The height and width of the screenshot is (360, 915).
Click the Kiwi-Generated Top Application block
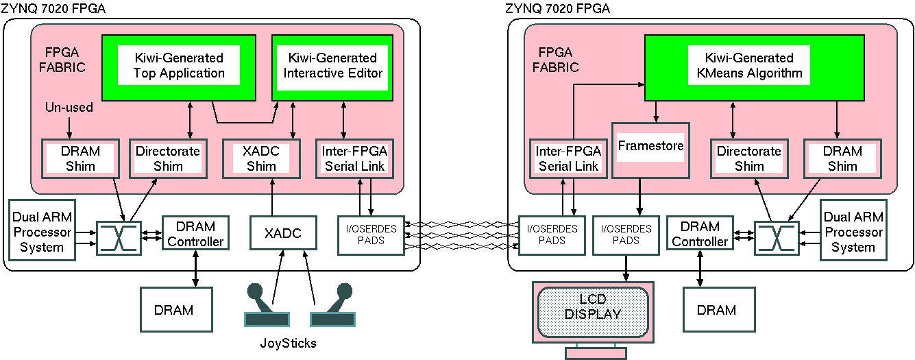click(179, 66)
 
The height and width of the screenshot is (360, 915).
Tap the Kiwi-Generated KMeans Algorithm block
click(749, 66)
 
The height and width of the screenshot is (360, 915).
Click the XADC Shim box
click(261, 158)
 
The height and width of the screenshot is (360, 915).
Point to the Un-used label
click(69, 108)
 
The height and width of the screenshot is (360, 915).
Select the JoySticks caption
click(289, 342)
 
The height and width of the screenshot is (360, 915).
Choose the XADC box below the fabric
click(283, 233)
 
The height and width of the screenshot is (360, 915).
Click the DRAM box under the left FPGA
click(173, 310)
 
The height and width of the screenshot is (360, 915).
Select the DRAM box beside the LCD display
click(716, 310)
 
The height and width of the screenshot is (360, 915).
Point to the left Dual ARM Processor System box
click(42, 230)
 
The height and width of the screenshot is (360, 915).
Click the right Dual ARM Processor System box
click(853, 230)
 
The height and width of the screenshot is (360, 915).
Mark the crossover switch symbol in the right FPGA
click(777, 238)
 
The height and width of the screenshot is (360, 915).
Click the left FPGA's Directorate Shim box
click(168, 158)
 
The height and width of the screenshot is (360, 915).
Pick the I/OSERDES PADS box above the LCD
click(626, 235)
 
